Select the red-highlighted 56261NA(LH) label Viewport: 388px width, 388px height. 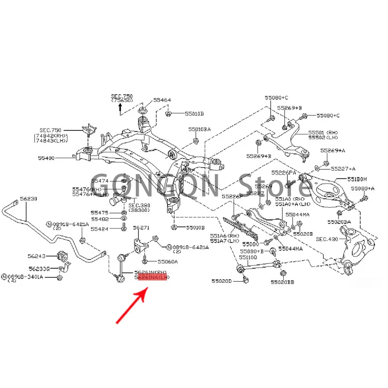point(152,279)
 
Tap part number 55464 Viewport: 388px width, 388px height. point(162,100)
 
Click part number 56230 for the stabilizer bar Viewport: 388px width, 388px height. point(28,199)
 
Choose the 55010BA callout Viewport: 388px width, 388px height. point(200,129)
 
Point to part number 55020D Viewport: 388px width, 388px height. point(222,281)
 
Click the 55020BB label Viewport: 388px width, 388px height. point(283,282)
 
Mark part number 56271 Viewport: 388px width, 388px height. point(141,227)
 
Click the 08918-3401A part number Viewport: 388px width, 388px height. point(27,277)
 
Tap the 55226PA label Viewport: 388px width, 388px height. point(284,173)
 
